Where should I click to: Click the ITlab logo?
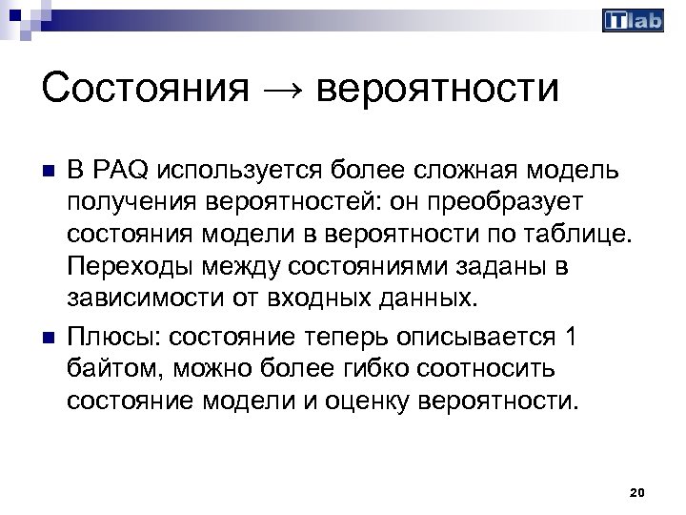[633, 21]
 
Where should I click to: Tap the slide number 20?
[638, 492]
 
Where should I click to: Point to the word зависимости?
[143, 299]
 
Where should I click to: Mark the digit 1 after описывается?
[571, 339]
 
